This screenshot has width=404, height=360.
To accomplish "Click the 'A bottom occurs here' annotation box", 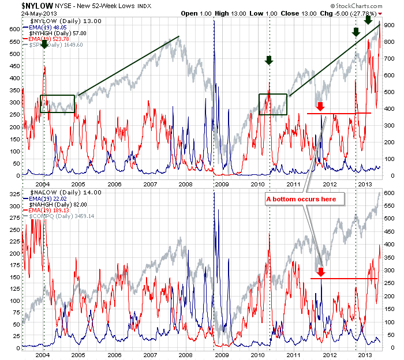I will click(305, 199).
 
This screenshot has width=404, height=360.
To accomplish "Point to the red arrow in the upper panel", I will click(320, 106).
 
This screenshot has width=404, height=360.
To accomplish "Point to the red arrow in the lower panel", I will click(321, 272).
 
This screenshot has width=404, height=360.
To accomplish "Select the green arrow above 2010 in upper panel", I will click(268, 60).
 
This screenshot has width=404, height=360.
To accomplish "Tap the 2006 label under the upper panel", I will click(114, 184).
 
